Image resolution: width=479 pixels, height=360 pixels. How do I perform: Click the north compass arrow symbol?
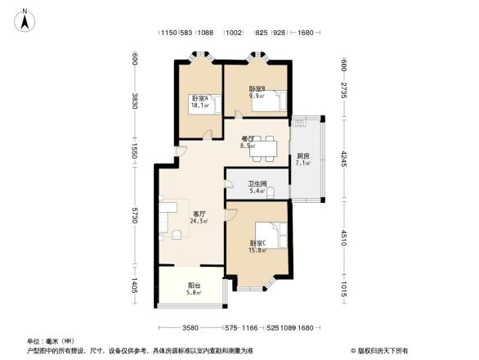(x=25, y=18)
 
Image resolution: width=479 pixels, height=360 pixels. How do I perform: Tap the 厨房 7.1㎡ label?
(x=303, y=159)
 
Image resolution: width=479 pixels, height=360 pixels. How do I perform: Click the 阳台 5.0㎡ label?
(x=193, y=288)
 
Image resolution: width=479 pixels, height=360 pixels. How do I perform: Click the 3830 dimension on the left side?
(x=135, y=101)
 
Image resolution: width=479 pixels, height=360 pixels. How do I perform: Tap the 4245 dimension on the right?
(x=344, y=156)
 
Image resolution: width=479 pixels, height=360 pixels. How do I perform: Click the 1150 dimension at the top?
(x=168, y=33)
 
